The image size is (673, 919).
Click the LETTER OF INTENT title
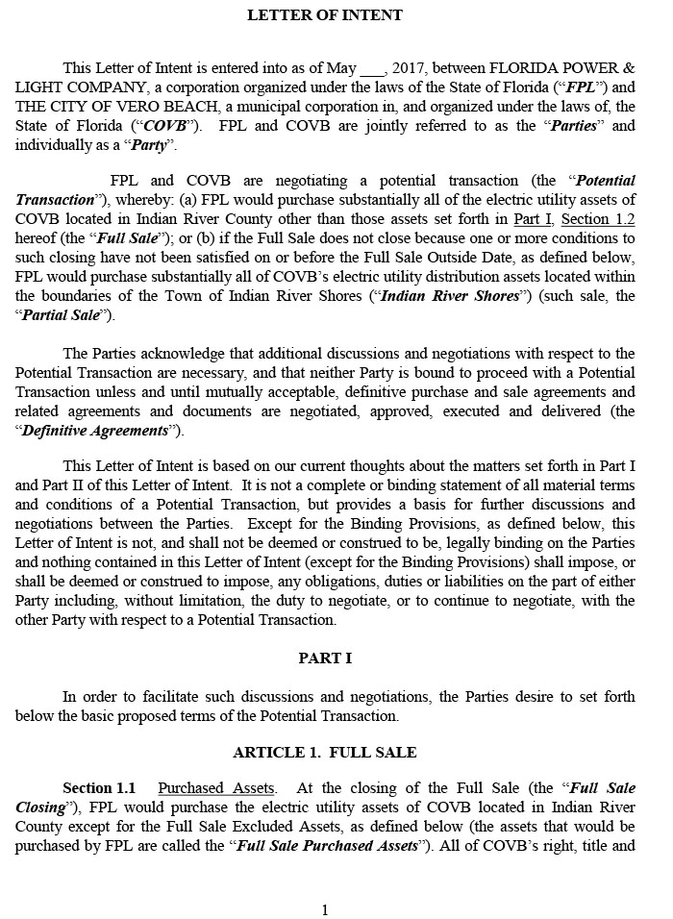click(x=325, y=14)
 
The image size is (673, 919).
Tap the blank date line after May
click(x=372, y=69)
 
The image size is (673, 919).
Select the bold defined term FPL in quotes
click(x=589, y=87)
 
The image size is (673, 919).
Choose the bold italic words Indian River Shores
click(x=449, y=296)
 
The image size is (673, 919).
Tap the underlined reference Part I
click(x=533, y=219)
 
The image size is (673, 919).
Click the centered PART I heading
click(x=325, y=658)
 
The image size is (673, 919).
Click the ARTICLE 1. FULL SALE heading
click(x=325, y=752)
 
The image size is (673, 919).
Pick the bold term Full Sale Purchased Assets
click(x=328, y=846)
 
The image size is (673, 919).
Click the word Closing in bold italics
click(x=39, y=807)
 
